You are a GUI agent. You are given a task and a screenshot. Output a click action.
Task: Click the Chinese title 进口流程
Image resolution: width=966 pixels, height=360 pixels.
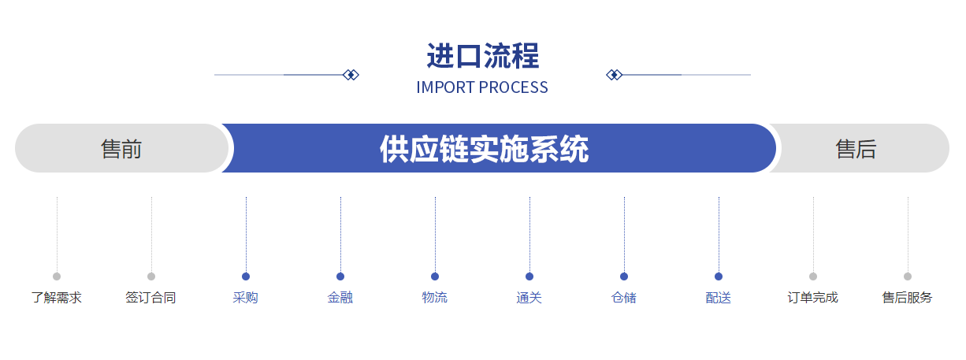click(x=482, y=56)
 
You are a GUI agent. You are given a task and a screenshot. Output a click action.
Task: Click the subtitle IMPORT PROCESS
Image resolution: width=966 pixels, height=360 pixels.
click(x=482, y=87)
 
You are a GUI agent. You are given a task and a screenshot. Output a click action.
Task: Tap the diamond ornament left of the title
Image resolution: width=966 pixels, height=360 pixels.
click(x=351, y=75)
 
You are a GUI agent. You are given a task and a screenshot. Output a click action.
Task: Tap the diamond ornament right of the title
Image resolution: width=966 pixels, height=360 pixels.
click(x=614, y=75)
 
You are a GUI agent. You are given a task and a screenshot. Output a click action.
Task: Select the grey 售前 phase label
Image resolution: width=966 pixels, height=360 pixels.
click(x=121, y=149)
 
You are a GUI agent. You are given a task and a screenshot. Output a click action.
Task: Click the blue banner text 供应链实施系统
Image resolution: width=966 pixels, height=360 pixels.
click(x=484, y=149)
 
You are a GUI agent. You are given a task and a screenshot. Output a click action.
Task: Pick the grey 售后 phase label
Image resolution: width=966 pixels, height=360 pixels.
click(x=856, y=149)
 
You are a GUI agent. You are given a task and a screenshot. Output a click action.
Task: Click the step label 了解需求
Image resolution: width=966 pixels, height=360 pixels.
click(x=57, y=298)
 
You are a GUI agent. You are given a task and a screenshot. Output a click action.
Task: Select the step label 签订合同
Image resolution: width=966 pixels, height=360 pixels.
click(x=151, y=298)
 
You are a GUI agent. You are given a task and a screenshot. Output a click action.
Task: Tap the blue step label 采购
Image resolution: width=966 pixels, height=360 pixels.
click(x=245, y=298)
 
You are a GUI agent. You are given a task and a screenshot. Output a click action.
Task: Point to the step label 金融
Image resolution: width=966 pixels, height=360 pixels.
click(x=340, y=298)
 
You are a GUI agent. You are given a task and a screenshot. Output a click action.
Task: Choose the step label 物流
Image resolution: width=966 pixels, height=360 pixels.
click(x=435, y=298)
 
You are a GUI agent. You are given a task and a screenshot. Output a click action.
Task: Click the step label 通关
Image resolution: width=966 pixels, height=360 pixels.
click(x=529, y=298)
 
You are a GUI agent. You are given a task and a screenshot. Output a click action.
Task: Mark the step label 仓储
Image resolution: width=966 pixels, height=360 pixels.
click(x=624, y=298)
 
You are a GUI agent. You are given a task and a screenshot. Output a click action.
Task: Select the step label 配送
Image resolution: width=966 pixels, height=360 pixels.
click(x=719, y=298)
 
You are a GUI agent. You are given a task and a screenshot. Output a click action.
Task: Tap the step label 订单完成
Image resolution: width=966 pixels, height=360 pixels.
click(x=813, y=298)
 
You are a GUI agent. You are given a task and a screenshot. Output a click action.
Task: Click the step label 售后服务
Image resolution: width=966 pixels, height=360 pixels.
click(x=908, y=298)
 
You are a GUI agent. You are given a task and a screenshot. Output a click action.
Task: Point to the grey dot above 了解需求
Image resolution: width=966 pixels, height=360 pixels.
click(x=57, y=276)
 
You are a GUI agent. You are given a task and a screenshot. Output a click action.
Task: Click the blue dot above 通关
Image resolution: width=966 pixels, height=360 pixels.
click(x=529, y=276)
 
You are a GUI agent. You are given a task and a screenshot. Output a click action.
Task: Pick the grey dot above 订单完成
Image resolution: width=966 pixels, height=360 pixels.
click(x=813, y=276)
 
